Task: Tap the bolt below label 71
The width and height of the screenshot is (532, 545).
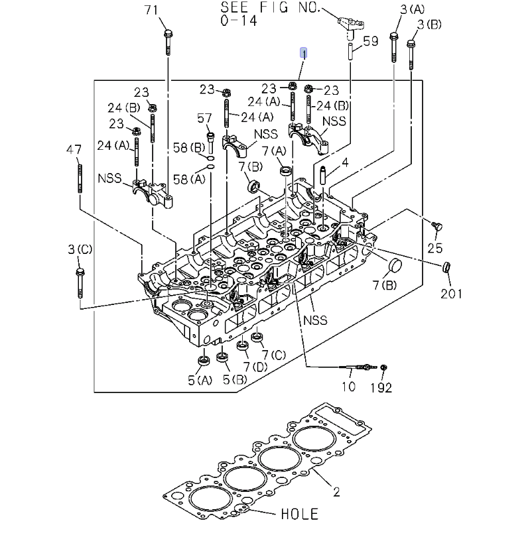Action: click(168, 40)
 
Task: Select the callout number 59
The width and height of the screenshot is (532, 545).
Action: click(370, 41)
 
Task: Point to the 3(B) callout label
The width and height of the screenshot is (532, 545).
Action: click(429, 25)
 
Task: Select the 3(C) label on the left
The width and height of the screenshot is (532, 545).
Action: click(80, 249)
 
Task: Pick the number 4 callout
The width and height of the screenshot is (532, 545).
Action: click(345, 162)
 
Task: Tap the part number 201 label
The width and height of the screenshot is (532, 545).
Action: click(452, 293)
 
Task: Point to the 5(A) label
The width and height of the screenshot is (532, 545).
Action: click(199, 381)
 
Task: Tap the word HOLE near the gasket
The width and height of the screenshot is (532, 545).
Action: click(299, 514)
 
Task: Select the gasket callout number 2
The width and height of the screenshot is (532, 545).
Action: click(336, 492)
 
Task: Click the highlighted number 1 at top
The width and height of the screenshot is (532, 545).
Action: click(303, 53)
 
